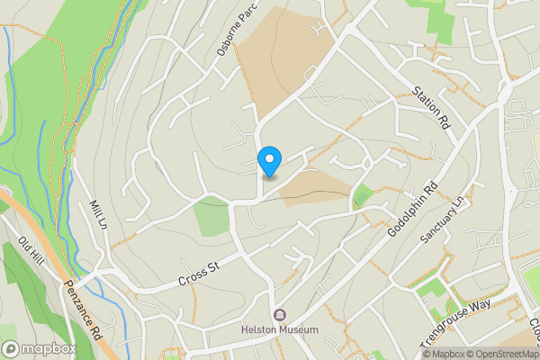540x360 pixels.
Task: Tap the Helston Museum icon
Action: [x=280, y=315]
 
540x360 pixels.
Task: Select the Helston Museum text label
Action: [x=280, y=330]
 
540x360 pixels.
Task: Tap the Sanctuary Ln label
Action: [x=445, y=219]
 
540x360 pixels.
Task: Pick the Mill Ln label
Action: [x=99, y=214]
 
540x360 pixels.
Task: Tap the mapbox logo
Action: [x=39, y=348]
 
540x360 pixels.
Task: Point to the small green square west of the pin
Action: [x=211, y=217]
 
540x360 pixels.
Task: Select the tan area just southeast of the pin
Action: [x=315, y=187]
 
